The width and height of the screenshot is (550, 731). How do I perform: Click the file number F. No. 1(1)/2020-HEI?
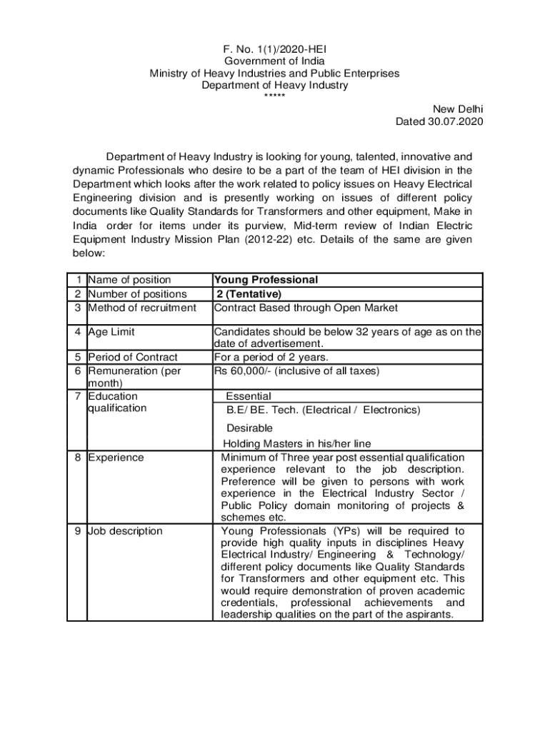click(275, 49)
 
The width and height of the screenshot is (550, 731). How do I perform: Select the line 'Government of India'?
click(275, 61)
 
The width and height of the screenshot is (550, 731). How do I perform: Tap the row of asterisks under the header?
click(275, 96)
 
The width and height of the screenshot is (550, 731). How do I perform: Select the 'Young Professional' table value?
click(266, 280)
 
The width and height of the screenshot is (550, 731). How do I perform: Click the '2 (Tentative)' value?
click(249, 293)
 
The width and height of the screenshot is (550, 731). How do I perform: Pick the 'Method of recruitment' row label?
click(141, 307)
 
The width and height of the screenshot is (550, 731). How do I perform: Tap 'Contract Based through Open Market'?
click(306, 307)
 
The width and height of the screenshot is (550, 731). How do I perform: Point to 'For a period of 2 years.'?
click(271, 357)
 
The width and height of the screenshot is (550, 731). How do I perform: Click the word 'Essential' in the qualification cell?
click(249, 396)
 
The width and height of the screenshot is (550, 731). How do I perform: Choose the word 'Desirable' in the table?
click(249, 428)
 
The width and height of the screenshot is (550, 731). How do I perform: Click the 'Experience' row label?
click(116, 457)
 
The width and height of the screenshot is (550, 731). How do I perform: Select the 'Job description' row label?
click(125, 530)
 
